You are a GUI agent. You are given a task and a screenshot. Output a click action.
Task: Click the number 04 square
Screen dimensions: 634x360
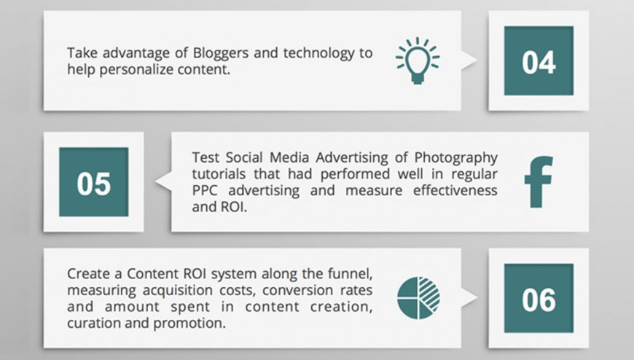pyautogui.click(x=539, y=60)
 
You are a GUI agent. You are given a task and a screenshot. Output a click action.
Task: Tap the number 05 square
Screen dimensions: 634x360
pyautogui.click(x=94, y=181)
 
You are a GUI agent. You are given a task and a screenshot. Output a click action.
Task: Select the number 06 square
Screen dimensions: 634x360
pyautogui.click(x=539, y=298)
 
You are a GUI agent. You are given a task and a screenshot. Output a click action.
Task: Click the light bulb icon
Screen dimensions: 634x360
pyautogui.click(x=418, y=60)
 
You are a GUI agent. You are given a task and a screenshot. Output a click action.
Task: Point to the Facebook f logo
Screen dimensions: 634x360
pyautogui.click(x=539, y=181)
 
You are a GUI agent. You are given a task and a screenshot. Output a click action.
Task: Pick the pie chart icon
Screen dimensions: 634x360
pyautogui.click(x=418, y=298)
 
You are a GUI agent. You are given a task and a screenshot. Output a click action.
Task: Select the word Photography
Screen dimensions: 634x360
pyautogui.click(x=455, y=157)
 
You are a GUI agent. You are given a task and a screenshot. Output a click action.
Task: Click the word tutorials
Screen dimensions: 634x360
pyautogui.click(x=219, y=174)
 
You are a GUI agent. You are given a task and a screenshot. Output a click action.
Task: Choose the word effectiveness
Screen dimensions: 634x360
pyautogui.click(x=455, y=190)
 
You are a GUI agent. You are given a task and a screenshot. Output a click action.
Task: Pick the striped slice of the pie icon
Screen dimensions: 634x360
pyautogui.click(x=429, y=293)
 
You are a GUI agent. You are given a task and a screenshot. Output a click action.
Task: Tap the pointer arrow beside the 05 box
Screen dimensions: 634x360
pyautogui.click(x=163, y=181)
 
